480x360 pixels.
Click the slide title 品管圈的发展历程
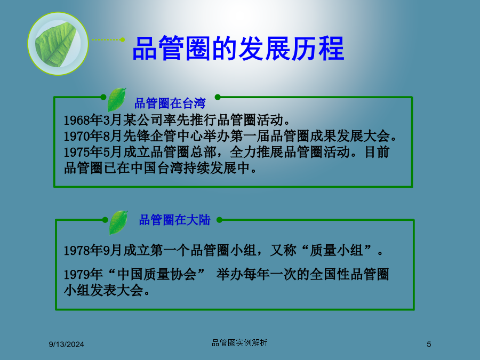point(238,49)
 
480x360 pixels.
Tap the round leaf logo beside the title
point(58,44)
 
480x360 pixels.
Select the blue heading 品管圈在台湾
point(170,103)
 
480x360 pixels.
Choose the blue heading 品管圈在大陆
point(174,220)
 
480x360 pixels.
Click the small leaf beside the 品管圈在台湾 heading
point(117,100)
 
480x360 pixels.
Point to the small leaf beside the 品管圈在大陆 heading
point(118,222)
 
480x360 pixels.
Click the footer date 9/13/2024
point(67,345)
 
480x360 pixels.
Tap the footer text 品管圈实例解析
point(239,343)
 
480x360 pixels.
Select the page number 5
point(429,345)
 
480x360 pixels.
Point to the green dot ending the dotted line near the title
point(123,39)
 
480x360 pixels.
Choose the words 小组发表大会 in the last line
point(103,290)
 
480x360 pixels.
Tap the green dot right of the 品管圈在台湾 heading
point(218,97)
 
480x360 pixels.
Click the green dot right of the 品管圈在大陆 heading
point(219,220)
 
